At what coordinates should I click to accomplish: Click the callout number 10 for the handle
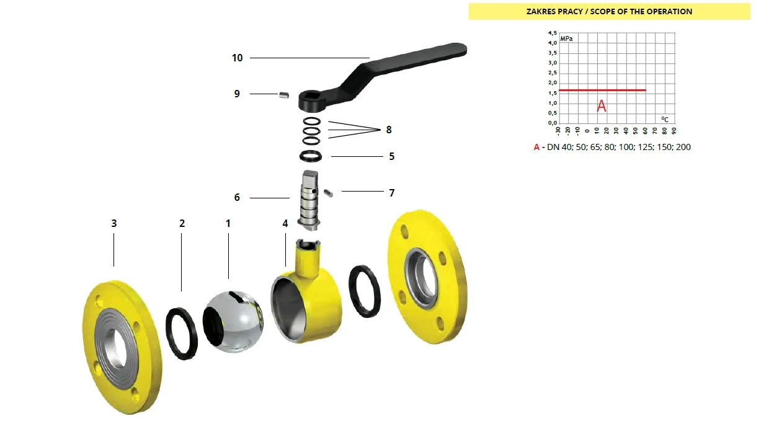pyautogui.click(x=238, y=58)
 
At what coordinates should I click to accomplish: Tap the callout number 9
pyautogui.click(x=237, y=94)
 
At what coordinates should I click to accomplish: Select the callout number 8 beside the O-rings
pyautogui.click(x=389, y=130)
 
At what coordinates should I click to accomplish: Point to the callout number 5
pyautogui.click(x=392, y=156)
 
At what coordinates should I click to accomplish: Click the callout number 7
pyautogui.click(x=392, y=193)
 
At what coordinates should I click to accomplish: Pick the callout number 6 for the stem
pyautogui.click(x=237, y=198)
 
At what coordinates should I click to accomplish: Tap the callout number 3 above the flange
pyautogui.click(x=114, y=224)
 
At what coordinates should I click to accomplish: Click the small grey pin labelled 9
pyautogui.click(x=284, y=95)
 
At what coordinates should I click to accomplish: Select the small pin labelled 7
pyautogui.click(x=328, y=193)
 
